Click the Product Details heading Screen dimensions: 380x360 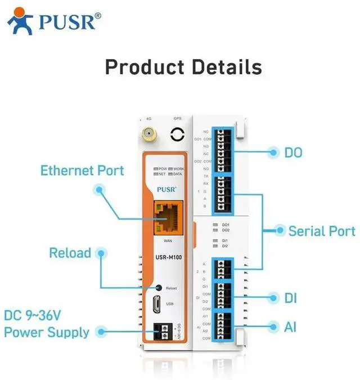click(183, 67)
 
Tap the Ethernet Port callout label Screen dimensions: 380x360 click(82, 170)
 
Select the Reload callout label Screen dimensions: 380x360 click(70, 253)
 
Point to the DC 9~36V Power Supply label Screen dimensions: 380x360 click(46, 324)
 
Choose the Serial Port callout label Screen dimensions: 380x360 click(322, 231)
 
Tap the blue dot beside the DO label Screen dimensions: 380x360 click(274, 152)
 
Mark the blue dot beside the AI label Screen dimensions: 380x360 click(274, 327)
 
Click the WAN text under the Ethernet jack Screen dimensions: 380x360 click(168, 240)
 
